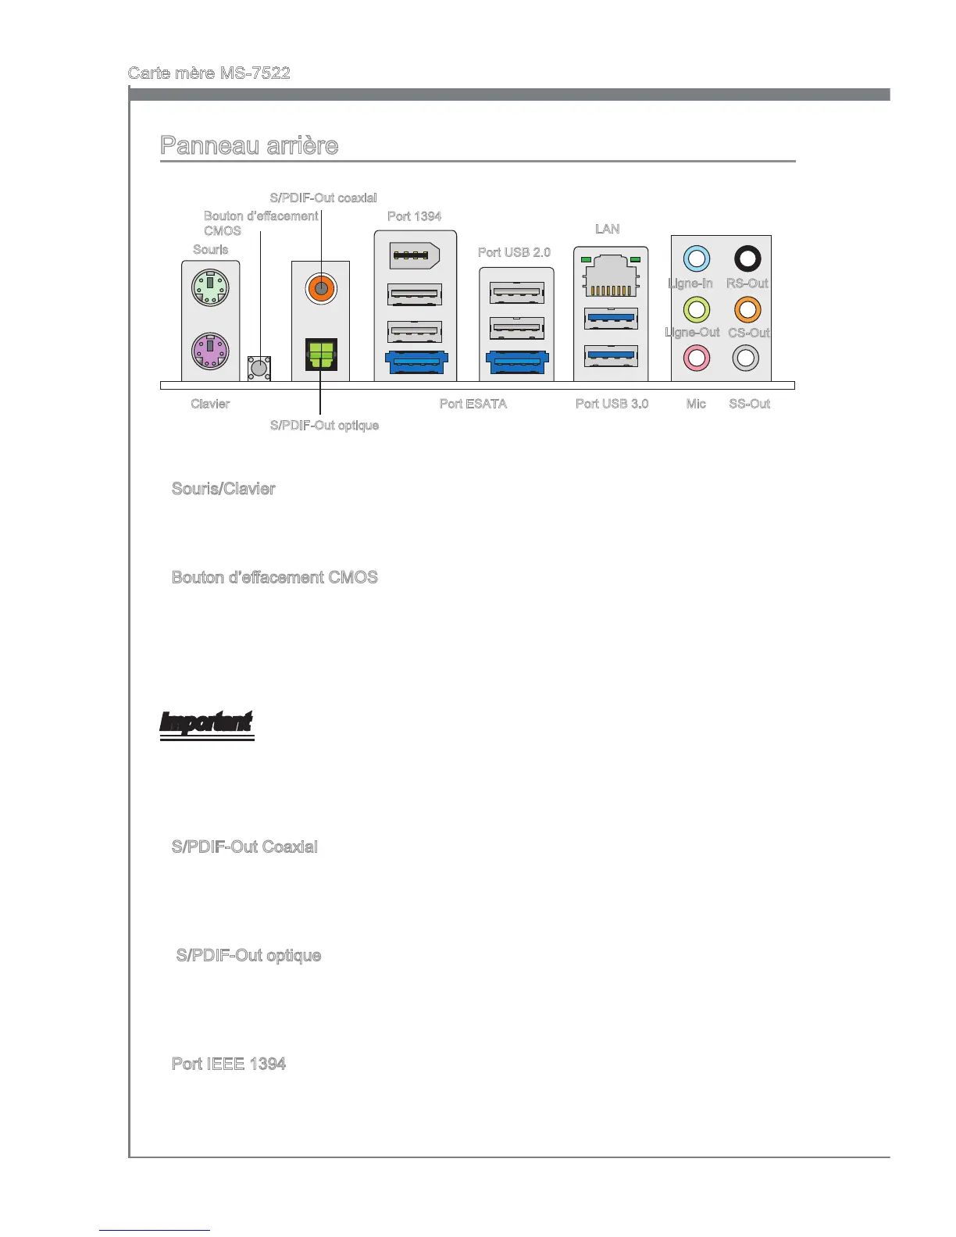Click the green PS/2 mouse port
(x=210, y=287)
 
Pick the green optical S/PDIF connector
(x=321, y=354)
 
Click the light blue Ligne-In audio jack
(x=696, y=258)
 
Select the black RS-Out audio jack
(x=747, y=258)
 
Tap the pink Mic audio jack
(x=696, y=358)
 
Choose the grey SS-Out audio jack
(x=746, y=358)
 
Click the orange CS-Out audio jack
(x=747, y=309)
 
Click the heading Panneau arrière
(x=249, y=146)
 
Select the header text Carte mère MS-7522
(x=209, y=73)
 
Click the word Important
(x=206, y=722)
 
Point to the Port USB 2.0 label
(x=514, y=252)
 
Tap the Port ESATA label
(x=473, y=404)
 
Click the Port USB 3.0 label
(x=612, y=404)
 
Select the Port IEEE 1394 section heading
(x=229, y=1064)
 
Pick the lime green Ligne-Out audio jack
(x=696, y=309)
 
